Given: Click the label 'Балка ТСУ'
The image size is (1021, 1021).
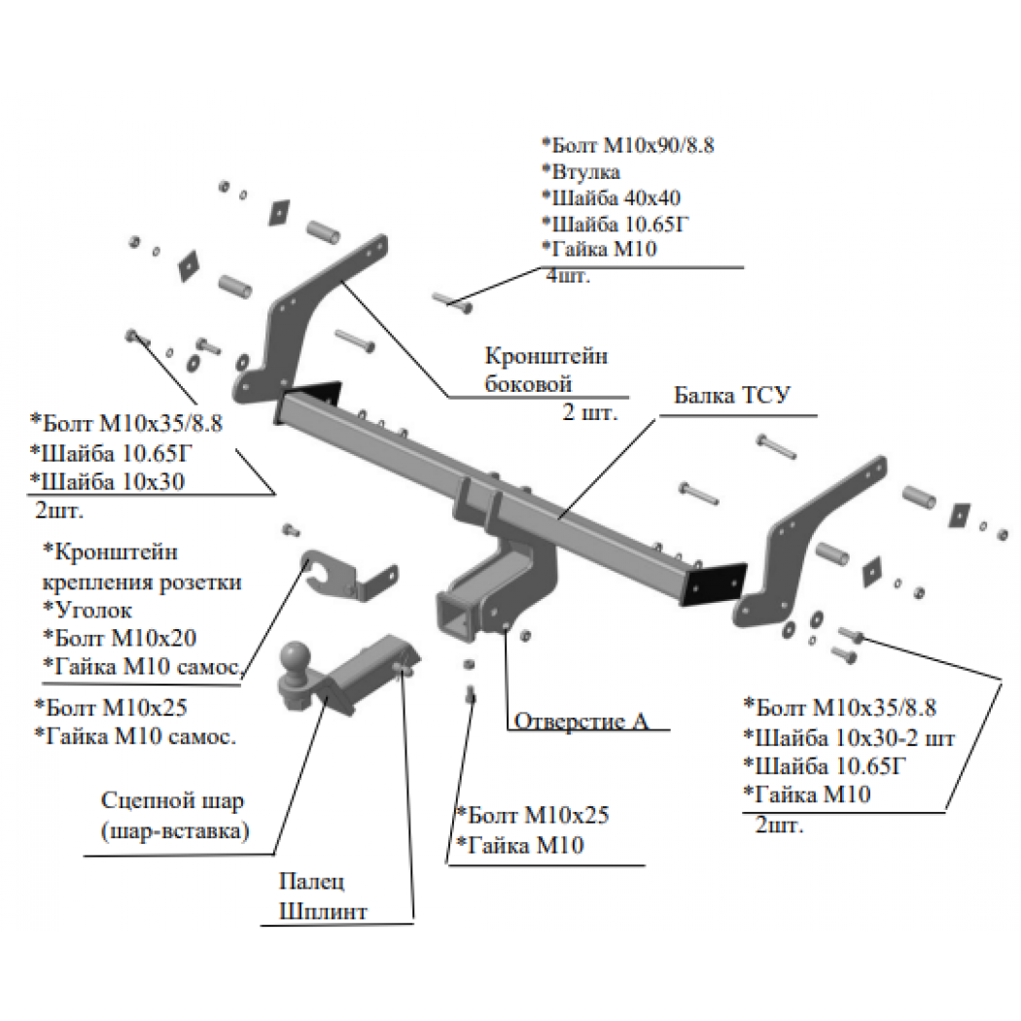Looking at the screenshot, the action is (x=732, y=395).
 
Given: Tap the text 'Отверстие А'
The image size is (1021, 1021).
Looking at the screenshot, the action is (x=581, y=721).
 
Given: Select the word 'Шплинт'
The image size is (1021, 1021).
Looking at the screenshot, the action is (x=323, y=911).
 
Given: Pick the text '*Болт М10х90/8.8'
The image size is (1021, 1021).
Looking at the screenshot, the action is (x=628, y=145).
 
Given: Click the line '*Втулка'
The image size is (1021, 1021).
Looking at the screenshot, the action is (x=581, y=171).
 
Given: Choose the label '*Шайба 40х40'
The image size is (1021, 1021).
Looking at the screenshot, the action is (x=611, y=197).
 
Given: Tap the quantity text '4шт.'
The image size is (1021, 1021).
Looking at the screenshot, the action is (x=568, y=276).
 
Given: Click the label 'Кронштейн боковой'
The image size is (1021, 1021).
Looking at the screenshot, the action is (x=546, y=370).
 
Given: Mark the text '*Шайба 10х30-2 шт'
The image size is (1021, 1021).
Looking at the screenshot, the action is (x=849, y=738).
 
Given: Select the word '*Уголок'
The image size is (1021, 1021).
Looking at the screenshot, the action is (x=88, y=610).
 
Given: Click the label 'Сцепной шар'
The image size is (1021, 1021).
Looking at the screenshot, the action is (x=172, y=801).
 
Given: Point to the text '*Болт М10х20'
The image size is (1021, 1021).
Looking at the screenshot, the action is (x=120, y=638).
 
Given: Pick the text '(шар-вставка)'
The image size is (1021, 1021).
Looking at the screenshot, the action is (x=175, y=830).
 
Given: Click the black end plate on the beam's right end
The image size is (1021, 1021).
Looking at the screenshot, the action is (x=713, y=584).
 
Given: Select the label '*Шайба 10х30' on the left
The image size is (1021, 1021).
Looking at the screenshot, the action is (x=107, y=482).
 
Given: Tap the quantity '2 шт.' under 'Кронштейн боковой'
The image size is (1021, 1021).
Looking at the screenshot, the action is (x=590, y=412).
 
